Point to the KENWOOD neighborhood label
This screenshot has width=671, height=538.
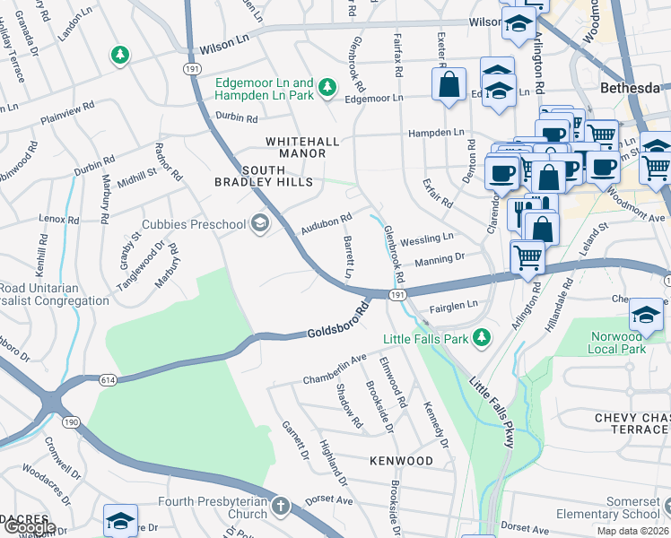[400, 461]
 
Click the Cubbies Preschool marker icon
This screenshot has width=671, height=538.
[260, 223]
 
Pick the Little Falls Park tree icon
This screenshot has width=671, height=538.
[483, 337]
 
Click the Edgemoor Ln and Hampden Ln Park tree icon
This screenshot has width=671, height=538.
[328, 85]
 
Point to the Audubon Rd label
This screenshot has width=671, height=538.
[326, 224]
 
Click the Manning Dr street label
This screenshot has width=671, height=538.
[439, 260]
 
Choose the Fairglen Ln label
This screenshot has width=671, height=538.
[453, 306]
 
